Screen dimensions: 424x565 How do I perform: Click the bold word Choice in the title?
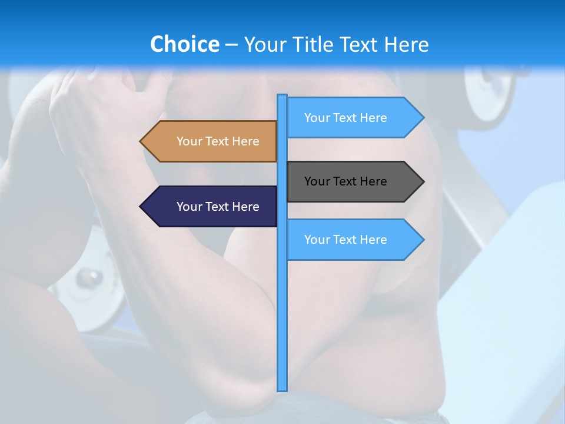click(x=184, y=44)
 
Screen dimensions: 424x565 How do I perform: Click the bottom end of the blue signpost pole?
click(x=282, y=389)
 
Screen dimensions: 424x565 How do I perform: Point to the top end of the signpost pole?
click(x=282, y=96)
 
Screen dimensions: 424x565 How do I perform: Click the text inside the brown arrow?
click(x=218, y=141)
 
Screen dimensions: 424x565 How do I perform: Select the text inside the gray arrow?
click(x=345, y=181)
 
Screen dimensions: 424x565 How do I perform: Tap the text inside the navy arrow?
click(x=218, y=207)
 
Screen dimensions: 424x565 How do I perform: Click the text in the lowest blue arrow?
click(x=345, y=240)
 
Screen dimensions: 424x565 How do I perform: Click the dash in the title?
click(x=231, y=45)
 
